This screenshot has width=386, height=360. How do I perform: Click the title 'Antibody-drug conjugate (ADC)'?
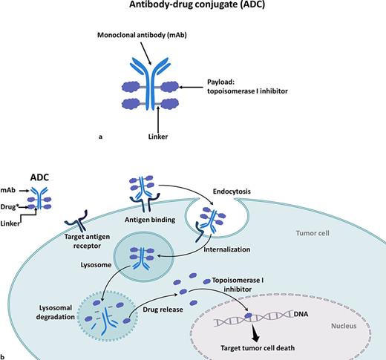click(193, 8)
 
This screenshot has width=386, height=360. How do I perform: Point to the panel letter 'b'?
click(4, 356)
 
